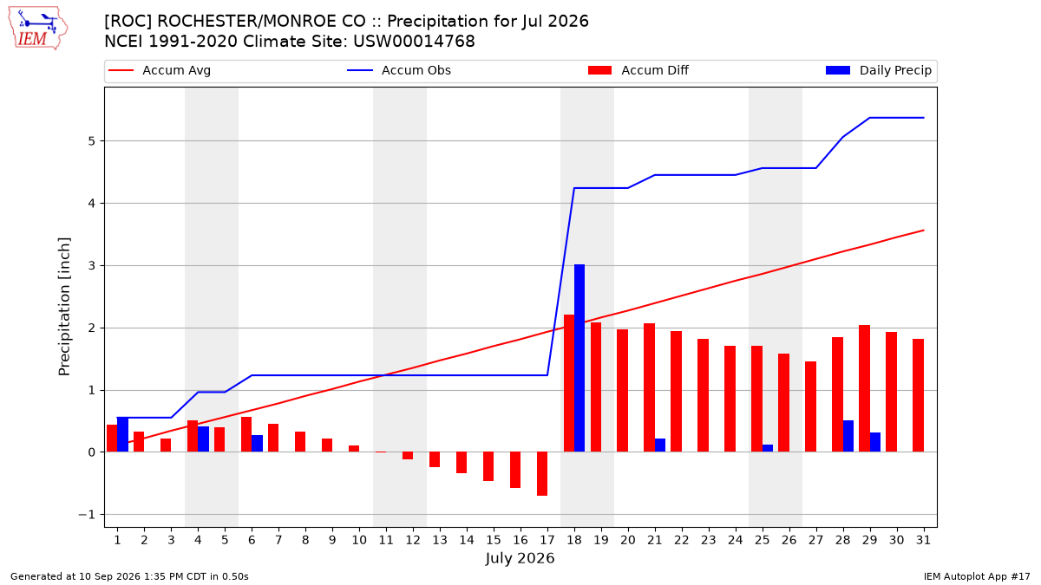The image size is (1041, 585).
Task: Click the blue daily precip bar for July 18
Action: [x=579, y=358]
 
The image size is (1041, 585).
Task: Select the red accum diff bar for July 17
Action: [x=542, y=473]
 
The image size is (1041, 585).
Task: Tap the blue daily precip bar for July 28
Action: [x=848, y=436]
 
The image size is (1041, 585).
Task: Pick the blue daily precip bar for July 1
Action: [x=122, y=434]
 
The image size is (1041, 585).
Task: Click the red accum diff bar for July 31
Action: [x=919, y=395]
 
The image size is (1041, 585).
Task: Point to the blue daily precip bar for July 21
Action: [x=660, y=445]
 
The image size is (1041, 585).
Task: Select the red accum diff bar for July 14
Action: [x=462, y=463]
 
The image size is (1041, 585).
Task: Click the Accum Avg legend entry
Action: [x=160, y=70]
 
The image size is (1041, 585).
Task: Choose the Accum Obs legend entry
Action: [x=399, y=70]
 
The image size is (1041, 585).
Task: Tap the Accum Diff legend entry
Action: [x=638, y=70]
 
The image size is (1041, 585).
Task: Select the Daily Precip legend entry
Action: [x=878, y=70]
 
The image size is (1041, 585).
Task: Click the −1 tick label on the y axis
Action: [x=87, y=515]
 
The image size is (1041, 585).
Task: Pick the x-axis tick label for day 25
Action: [x=763, y=540]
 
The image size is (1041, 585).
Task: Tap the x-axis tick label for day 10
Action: [x=359, y=540]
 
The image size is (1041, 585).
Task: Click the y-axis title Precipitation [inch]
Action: [x=64, y=307]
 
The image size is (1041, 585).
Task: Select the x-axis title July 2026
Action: [x=520, y=557]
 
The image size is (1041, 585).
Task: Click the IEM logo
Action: [x=38, y=29]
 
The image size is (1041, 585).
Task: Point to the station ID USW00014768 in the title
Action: [x=414, y=42]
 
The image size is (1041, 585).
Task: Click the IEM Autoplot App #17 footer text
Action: [x=977, y=576]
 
